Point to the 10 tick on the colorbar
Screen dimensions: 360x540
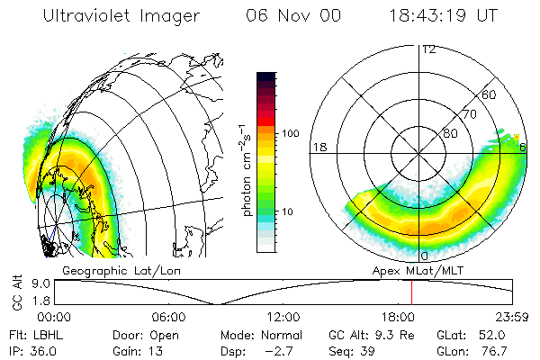coord(289,212)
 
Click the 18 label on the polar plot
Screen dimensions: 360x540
coord(319,147)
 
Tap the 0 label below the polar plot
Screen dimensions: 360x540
coord(426,245)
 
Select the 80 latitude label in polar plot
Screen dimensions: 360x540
coord(450,133)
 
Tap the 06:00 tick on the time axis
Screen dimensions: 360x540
coord(168,318)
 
